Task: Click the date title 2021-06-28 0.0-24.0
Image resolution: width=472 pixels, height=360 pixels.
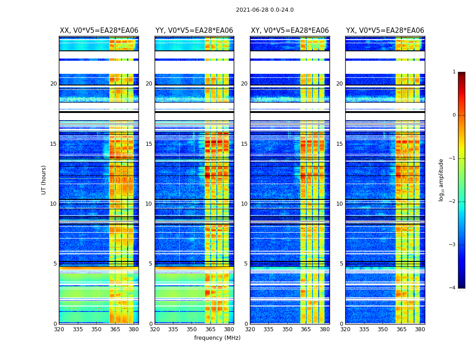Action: pyautogui.click(x=265, y=10)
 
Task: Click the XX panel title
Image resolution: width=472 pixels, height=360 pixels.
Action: pyautogui.click(x=99, y=31)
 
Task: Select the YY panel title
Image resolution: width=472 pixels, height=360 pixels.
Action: pyautogui.click(x=194, y=31)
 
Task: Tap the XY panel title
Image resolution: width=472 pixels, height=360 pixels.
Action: pyautogui.click(x=290, y=31)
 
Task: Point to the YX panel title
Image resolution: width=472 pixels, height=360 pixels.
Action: pyautogui.click(x=385, y=31)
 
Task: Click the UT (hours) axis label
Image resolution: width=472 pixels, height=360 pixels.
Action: pyautogui.click(x=44, y=180)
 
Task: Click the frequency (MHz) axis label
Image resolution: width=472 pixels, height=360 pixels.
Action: pyautogui.click(x=217, y=338)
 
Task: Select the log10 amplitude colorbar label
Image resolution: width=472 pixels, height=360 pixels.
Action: pyautogui.click(x=441, y=180)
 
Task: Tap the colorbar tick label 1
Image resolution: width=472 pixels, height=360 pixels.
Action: pyautogui.click(x=454, y=72)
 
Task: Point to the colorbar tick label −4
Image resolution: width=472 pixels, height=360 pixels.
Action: pyautogui.click(x=453, y=288)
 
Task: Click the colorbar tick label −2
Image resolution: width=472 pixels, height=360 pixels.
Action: pyautogui.click(x=453, y=202)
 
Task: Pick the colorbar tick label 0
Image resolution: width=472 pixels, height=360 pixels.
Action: pyautogui.click(x=454, y=115)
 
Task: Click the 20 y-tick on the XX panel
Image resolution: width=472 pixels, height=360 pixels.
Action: pyautogui.click(x=53, y=84)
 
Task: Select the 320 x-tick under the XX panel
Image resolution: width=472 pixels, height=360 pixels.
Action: pyautogui.click(x=59, y=329)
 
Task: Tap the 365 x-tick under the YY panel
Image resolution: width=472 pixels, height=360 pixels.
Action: pyautogui.click(x=210, y=329)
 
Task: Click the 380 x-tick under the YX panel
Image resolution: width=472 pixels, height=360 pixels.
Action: pyautogui.click(x=420, y=329)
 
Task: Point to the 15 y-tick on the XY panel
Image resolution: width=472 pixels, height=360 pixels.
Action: pyautogui.click(x=244, y=144)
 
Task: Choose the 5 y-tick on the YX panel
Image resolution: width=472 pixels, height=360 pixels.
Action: pyautogui.click(x=341, y=264)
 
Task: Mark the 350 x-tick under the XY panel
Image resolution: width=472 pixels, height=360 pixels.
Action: pyautogui.click(x=287, y=329)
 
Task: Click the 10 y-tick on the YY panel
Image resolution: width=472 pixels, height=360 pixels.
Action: pyautogui.click(x=149, y=204)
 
